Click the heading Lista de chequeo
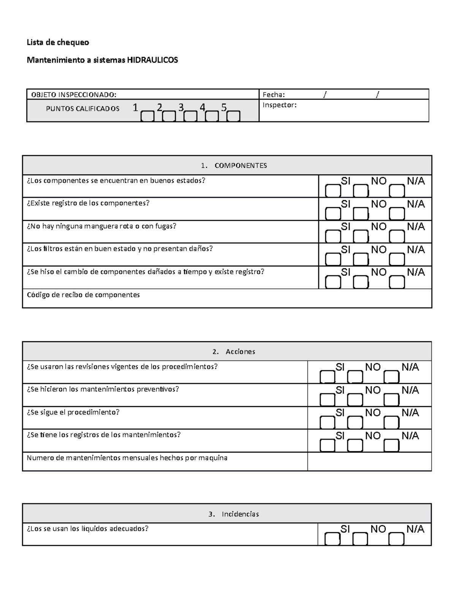[x=58, y=42]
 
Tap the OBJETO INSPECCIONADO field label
[x=74, y=95]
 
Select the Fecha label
[x=274, y=95]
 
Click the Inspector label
[x=279, y=105]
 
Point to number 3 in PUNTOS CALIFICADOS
[x=181, y=108]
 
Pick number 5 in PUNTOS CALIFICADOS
[x=224, y=108]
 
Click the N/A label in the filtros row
[x=416, y=250]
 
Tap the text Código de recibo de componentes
[x=83, y=295]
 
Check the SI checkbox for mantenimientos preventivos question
[x=327, y=400]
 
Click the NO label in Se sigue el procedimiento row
[x=373, y=413]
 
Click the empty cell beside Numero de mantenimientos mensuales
[x=369, y=462]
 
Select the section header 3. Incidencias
[x=234, y=514]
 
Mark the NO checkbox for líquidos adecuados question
[x=360, y=539]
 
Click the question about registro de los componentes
[x=88, y=203]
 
